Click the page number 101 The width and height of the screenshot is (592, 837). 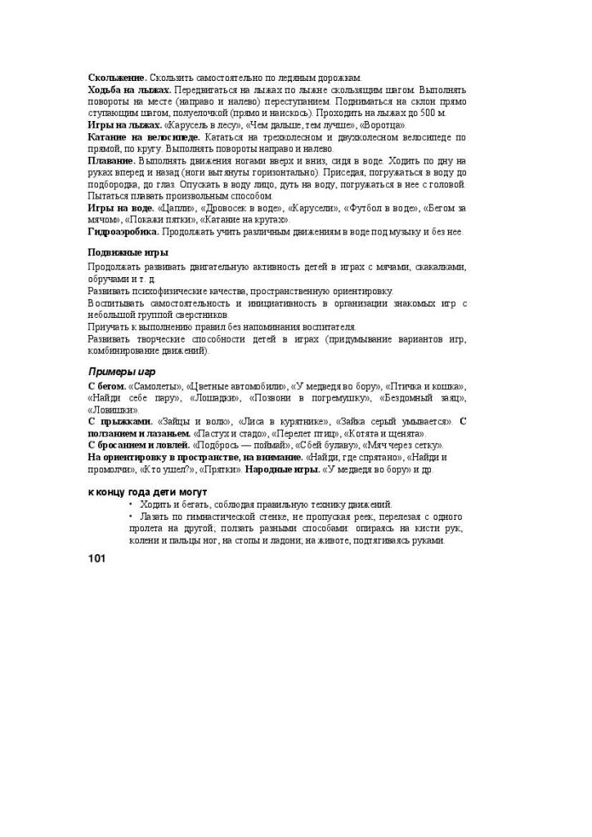(96, 559)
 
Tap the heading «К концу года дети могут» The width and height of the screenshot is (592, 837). (147, 493)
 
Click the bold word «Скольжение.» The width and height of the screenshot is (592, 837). (118, 78)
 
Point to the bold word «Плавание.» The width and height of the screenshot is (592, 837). (111, 161)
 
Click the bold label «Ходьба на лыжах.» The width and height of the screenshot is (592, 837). (129, 90)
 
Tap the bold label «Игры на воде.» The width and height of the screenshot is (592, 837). (121, 208)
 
